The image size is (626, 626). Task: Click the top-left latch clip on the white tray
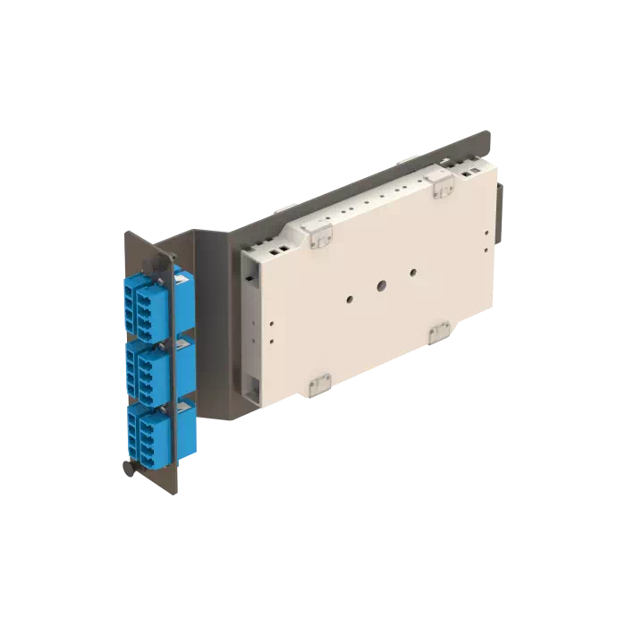317,235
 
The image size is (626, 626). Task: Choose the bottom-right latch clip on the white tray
439,333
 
